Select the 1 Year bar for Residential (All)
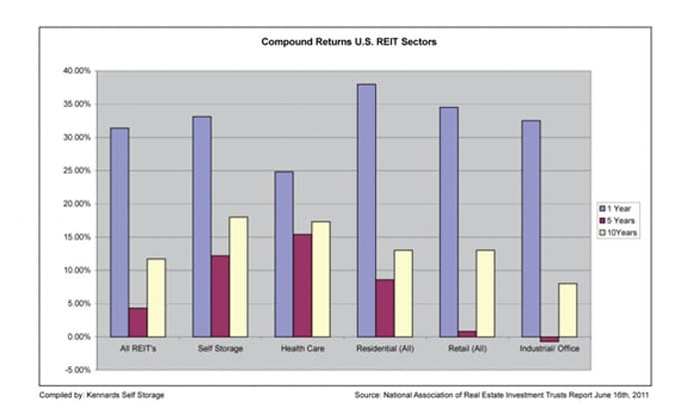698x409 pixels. click(x=366, y=209)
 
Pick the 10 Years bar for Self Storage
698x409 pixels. click(x=237, y=276)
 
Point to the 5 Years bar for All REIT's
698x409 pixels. click(x=138, y=321)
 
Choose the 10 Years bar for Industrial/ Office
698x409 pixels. click(x=566, y=309)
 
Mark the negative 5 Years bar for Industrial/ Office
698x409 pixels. click(x=547, y=339)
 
